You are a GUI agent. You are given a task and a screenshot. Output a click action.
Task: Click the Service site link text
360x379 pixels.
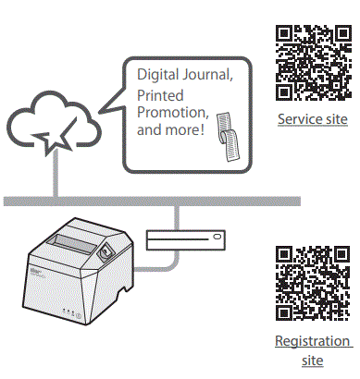(x=313, y=120)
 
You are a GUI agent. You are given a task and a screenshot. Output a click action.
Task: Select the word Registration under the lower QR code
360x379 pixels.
(x=313, y=341)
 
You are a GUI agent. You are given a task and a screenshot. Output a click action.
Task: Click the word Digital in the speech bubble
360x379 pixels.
(x=158, y=73)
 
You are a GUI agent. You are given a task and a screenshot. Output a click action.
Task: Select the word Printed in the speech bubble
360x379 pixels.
(x=160, y=96)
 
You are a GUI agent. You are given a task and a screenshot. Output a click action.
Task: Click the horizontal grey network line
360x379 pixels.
(x=139, y=201)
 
